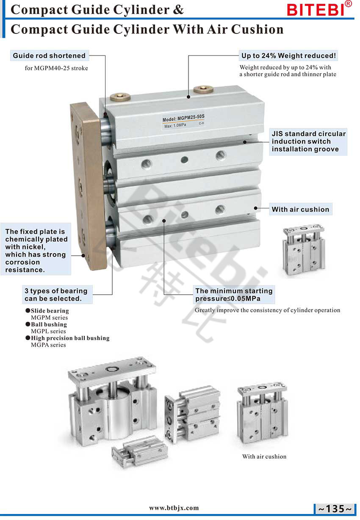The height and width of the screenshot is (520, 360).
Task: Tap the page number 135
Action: [x=335, y=509]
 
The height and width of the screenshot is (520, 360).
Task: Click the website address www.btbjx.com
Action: [x=174, y=508]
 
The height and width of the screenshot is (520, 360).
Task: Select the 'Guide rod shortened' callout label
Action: [x=50, y=56]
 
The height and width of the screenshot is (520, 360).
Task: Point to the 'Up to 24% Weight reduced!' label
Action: [x=288, y=56]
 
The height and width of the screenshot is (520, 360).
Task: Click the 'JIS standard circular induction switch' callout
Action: [x=308, y=141]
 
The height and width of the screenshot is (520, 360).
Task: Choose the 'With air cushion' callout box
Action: [x=301, y=209]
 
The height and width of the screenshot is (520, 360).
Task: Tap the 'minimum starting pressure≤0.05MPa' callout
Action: [x=234, y=295]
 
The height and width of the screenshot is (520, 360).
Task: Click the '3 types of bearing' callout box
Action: [x=57, y=295]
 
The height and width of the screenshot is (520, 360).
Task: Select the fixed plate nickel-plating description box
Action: [x=36, y=249]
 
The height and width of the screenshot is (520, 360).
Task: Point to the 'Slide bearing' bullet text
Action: [x=50, y=311]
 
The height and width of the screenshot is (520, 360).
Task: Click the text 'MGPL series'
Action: [x=48, y=331]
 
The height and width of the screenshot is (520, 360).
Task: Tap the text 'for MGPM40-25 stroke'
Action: [x=56, y=68]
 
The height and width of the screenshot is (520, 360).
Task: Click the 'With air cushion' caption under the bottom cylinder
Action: [x=264, y=456]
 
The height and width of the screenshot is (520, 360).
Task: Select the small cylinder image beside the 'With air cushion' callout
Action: [x=303, y=250]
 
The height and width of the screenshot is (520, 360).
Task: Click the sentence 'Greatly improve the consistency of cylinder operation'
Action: [x=267, y=310]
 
